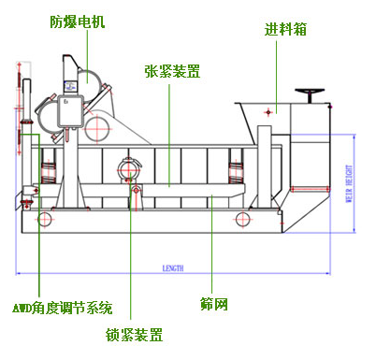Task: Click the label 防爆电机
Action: click(79, 20)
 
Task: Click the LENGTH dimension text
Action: click(173, 268)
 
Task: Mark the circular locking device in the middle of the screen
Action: click(132, 168)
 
